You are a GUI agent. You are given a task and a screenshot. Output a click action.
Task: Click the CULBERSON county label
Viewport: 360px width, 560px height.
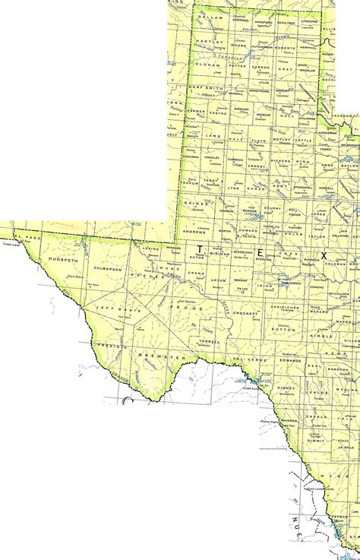click(108, 268)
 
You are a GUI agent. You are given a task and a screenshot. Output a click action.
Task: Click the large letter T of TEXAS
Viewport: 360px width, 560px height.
click(200, 248)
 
